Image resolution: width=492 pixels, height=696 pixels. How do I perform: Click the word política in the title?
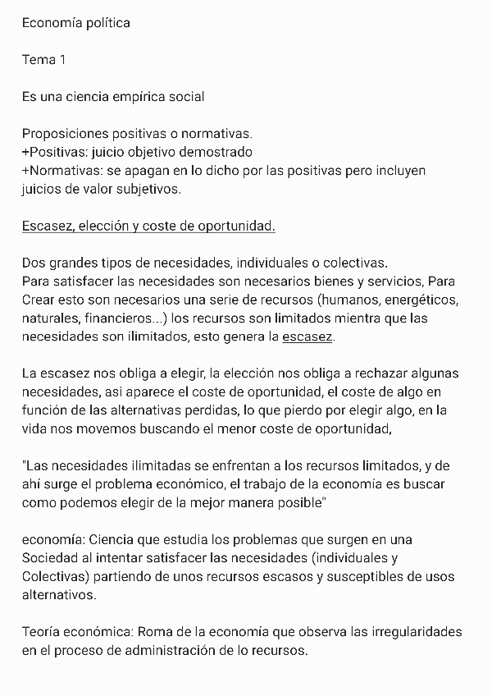pos(106,23)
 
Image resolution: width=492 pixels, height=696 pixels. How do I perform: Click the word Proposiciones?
pos(63,134)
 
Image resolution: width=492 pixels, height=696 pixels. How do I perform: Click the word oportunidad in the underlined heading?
pos(238,226)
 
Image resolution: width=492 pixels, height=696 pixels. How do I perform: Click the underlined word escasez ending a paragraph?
pos(307,337)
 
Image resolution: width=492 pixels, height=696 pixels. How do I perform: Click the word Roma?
pos(156,632)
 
